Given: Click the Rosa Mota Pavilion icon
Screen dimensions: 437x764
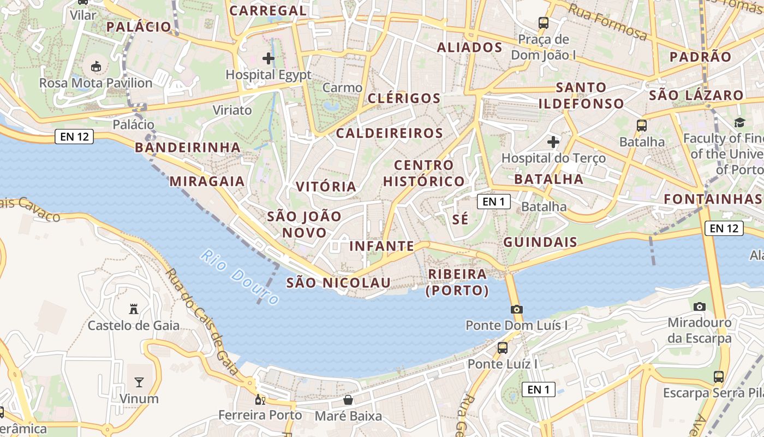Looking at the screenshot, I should (x=96, y=67).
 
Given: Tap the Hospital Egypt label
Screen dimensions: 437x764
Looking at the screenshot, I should (x=268, y=74).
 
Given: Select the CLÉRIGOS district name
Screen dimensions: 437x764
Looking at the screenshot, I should (x=404, y=98).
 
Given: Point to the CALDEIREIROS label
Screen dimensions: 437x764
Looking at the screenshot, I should (x=389, y=133).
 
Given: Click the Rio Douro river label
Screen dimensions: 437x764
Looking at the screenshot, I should (x=239, y=277).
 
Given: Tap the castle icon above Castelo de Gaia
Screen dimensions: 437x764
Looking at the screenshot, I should (x=133, y=309).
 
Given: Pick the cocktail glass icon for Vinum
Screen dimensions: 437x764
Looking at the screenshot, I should (x=139, y=382).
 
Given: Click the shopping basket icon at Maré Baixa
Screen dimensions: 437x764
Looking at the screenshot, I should (x=348, y=400).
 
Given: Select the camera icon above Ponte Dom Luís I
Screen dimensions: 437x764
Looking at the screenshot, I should (x=516, y=309).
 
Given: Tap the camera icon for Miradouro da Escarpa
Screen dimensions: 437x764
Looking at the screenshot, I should (x=700, y=306).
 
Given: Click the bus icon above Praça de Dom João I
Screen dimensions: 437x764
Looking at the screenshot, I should (x=543, y=23).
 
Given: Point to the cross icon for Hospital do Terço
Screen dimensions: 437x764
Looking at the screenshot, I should (x=553, y=142).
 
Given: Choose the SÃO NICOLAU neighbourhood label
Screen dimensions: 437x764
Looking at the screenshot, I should (x=338, y=282).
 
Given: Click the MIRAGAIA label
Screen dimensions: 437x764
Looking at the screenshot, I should (x=207, y=181).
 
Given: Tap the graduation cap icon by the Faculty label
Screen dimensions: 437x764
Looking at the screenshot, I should (x=739, y=122).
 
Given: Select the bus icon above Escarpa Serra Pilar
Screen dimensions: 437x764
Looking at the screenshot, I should (x=719, y=376).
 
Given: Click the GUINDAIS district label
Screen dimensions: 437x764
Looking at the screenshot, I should (x=540, y=242).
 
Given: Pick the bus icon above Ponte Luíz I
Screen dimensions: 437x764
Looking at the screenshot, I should (x=503, y=347).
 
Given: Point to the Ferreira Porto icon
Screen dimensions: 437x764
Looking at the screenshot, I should (x=260, y=399).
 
